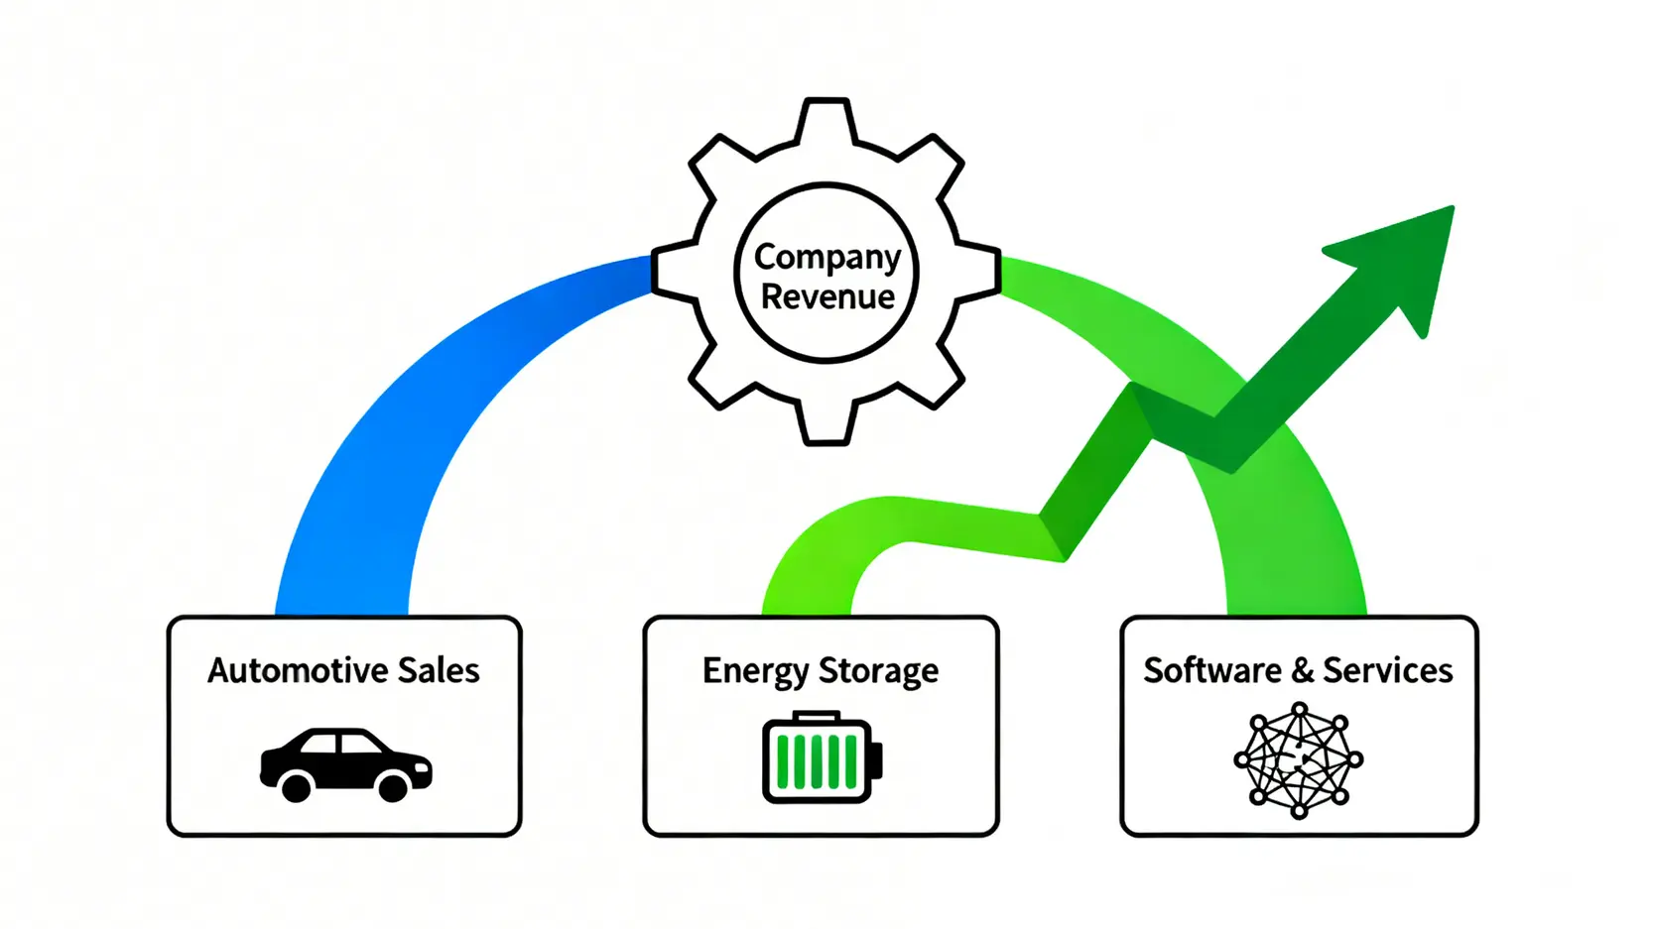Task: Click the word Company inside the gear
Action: tap(826, 258)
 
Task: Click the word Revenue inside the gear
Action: tap(827, 296)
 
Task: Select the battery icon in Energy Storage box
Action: tap(821, 758)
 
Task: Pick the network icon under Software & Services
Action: tap(1298, 759)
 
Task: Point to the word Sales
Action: tap(439, 671)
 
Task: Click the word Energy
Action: tap(755, 672)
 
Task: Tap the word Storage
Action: tap(878, 672)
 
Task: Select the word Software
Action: tap(1211, 671)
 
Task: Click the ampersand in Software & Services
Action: tap(1302, 671)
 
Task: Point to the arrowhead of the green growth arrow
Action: tap(1409, 258)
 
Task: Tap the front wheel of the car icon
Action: tap(393, 788)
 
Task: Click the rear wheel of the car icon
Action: tap(296, 788)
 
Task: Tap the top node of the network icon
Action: tap(1299, 710)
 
